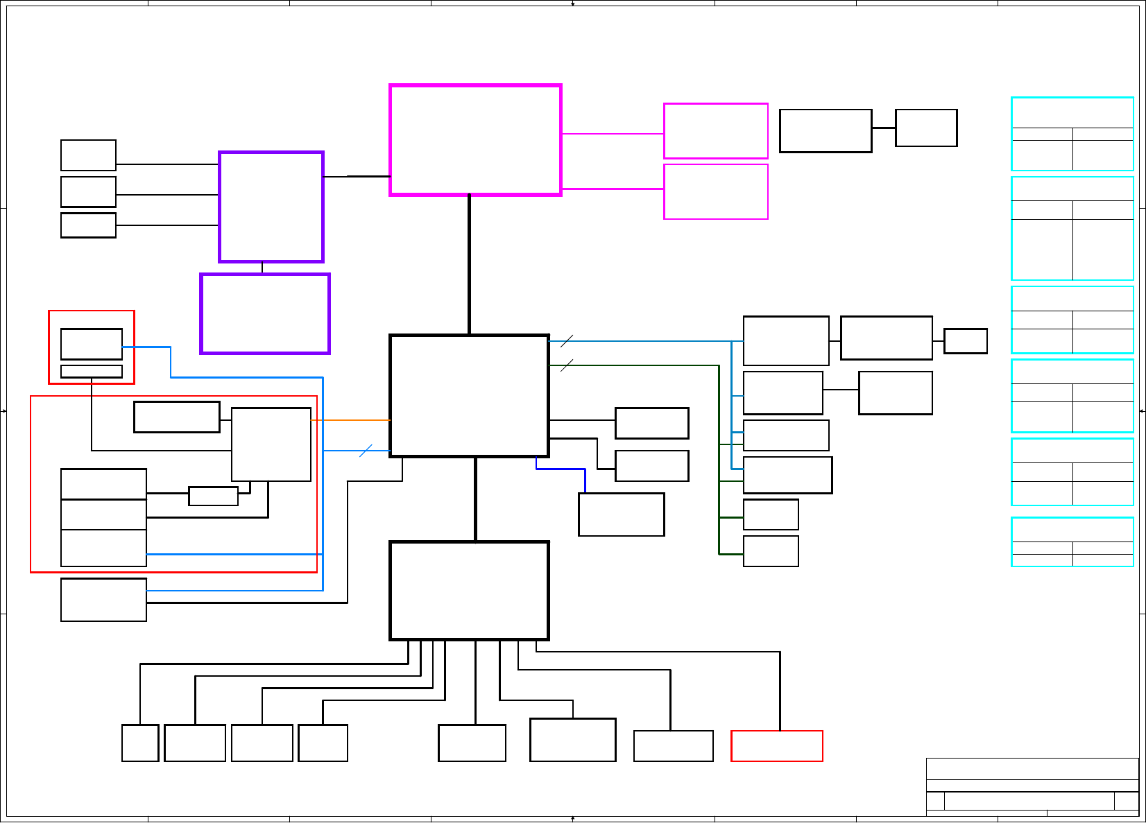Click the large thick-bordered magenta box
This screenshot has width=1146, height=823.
475,140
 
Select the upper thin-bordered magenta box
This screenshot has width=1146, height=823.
715,131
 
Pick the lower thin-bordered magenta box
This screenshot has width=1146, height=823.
715,191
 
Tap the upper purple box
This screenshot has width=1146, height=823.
271,207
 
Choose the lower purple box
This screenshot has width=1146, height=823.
265,313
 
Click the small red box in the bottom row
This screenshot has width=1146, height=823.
776,746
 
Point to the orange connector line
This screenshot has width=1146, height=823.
350,420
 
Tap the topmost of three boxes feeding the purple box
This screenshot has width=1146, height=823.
88,155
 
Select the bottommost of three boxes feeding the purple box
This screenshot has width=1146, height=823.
88,225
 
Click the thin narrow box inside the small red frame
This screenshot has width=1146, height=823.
92,372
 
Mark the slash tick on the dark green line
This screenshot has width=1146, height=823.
567,365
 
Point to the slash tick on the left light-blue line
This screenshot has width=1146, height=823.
366,451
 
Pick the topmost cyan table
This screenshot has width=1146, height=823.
1072,134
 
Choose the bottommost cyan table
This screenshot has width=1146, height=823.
1072,542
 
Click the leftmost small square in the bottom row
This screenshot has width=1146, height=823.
140,743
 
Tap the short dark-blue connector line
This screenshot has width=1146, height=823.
561,469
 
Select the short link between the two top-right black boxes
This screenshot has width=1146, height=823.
883,128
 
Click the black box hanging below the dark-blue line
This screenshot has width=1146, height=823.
621,514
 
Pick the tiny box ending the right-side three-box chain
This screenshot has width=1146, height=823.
965,341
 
